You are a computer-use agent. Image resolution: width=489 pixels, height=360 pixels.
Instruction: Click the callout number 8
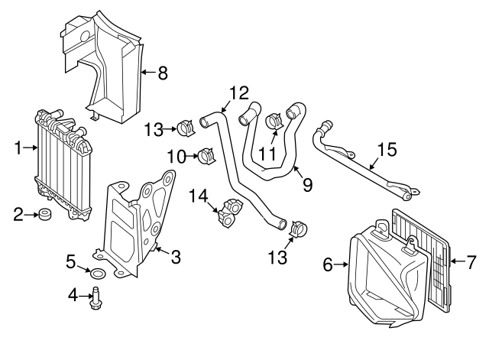(x=162, y=73)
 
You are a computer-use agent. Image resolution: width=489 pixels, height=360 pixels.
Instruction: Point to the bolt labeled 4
(x=96, y=298)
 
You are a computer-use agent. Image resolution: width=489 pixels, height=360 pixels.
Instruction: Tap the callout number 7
(x=471, y=264)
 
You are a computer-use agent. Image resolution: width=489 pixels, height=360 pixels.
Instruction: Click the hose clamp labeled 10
(x=205, y=157)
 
